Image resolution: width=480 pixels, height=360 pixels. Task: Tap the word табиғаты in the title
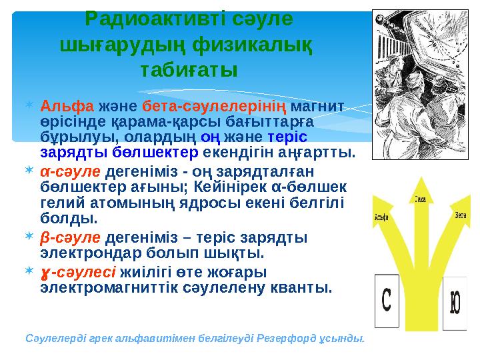[189, 69]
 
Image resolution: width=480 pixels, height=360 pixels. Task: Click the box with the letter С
[387, 301]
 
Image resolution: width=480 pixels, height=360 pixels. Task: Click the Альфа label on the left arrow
[382, 216]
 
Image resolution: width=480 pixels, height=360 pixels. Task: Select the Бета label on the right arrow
[460, 215]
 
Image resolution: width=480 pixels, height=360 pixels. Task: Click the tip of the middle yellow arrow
[420, 177]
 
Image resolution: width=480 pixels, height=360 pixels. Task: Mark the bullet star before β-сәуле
[27, 237]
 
